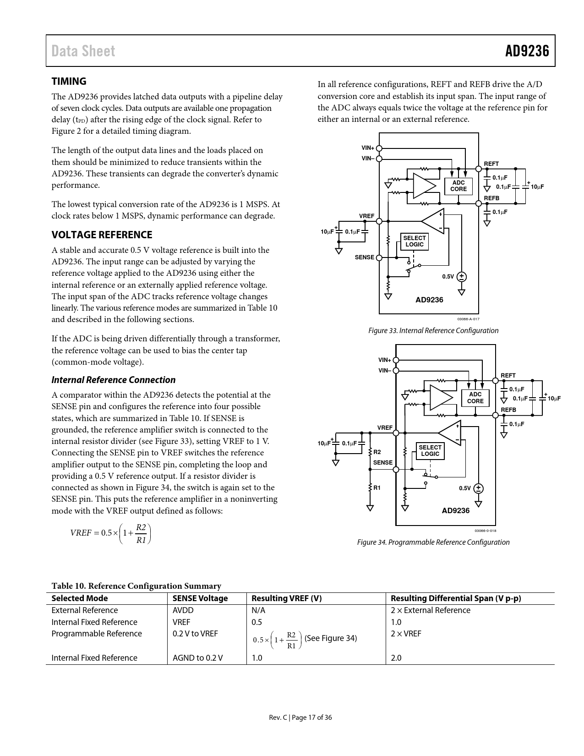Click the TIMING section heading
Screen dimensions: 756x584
coord(69,82)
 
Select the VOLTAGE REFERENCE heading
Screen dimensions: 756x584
coord(102,235)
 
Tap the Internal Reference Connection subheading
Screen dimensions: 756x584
coord(113,380)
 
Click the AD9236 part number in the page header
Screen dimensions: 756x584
coord(527,51)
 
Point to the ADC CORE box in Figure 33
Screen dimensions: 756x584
coord(458,186)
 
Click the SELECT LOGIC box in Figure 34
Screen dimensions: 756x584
coord(430,450)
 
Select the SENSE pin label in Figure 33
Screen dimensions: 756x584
coord(365,257)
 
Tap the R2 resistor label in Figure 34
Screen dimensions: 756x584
coord(377,452)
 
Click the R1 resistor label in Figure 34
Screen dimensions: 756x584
coord(377,488)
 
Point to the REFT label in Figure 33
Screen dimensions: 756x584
coord(491,164)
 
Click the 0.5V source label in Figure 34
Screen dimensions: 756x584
coord(464,488)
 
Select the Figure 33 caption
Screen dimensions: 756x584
coord(433,330)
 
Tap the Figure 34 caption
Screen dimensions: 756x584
coord(433,542)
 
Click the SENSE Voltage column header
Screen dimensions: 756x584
coord(200,598)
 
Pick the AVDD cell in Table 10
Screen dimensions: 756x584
coord(183,610)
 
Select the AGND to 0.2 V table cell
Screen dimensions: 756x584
coord(197,658)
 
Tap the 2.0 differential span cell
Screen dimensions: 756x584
coord(396,658)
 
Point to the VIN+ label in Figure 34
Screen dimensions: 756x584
coord(385,360)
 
